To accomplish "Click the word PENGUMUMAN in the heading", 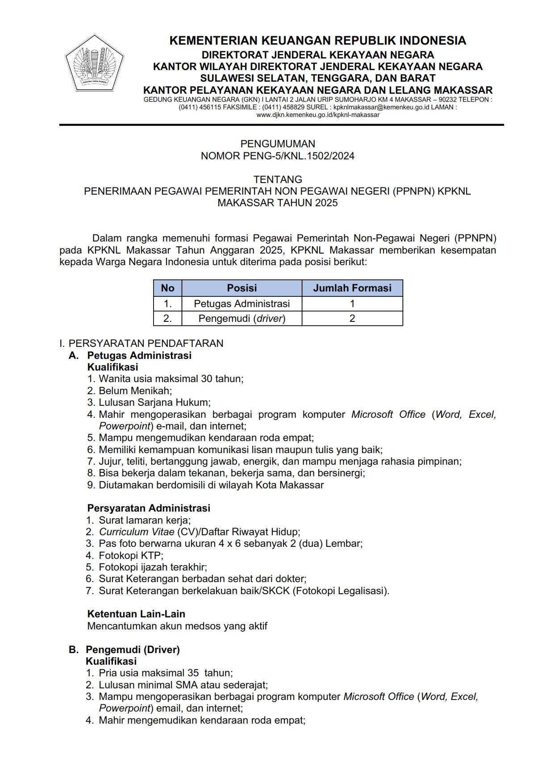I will click(278, 144).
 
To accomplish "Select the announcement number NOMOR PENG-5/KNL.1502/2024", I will click(278, 156).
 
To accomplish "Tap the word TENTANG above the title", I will click(278, 179).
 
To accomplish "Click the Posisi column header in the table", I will click(242, 288).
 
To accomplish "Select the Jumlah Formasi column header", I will click(352, 288).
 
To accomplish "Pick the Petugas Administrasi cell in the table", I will click(242, 304).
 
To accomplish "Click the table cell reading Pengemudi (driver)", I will click(242, 318).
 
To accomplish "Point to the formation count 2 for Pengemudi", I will click(352, 318).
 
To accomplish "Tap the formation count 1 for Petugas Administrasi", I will click(352, 304).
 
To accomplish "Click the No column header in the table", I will click(167, 288).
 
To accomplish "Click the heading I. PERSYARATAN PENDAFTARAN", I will click(142, 343).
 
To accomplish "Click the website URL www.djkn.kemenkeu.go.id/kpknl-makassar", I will click(317, 115).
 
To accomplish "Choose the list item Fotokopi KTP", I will click(131, 555).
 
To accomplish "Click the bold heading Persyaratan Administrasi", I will click(149, 508).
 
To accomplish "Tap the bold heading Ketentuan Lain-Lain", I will click(136, 614).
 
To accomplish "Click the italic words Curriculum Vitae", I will click(136, 532).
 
